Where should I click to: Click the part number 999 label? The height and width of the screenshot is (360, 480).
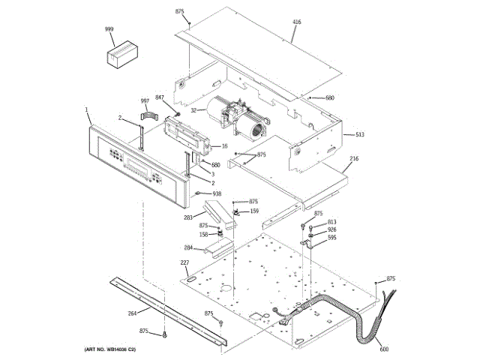109,29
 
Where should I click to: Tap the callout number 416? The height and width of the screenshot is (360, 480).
296,22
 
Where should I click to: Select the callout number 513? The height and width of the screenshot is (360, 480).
359,134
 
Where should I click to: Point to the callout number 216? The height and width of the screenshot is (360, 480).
354,159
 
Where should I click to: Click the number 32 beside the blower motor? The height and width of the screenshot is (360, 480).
193,110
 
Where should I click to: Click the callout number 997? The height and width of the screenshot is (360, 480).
145,100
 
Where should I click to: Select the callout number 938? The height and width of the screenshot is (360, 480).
217,193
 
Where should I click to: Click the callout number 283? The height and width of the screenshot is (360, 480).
189,219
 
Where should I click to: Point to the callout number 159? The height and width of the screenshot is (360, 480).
254,211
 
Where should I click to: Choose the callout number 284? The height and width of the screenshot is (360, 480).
188,247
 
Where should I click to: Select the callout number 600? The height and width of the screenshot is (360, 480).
384,349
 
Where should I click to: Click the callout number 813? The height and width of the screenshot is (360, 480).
331,222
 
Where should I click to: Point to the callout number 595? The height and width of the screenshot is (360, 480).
331,238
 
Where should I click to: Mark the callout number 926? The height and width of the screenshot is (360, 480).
331,229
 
